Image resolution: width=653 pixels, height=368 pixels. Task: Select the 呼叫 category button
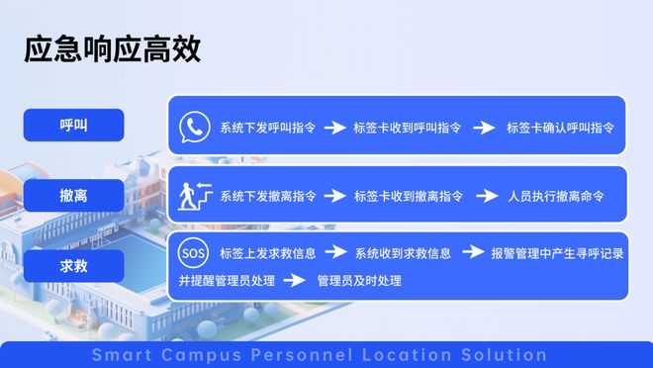[x=73, y=125]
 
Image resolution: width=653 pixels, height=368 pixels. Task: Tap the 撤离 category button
[x=73, y=196]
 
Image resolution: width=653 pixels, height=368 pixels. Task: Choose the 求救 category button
[x=73, y=265]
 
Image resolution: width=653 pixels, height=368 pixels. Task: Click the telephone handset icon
[x=195, y=128]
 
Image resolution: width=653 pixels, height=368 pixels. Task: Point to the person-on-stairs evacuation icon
[x=193, y=195]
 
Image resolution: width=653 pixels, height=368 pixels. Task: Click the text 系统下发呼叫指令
[x=267, y=128]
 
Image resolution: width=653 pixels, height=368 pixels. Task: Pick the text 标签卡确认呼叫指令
[x=561, y=128]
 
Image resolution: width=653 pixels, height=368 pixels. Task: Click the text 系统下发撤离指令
[x=267, y=196]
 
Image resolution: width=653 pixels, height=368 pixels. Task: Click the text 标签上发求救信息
[x=267, y=253]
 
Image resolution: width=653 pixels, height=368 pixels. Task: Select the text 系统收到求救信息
[x=403, y=253]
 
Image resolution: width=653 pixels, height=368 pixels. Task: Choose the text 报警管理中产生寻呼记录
[x=557, y=253]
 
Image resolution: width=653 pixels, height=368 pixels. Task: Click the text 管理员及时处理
[x=359, y=281]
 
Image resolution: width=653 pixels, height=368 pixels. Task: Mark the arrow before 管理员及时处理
[x=294, y=281]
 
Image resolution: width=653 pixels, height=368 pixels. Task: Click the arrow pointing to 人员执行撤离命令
[x=486, y=196]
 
